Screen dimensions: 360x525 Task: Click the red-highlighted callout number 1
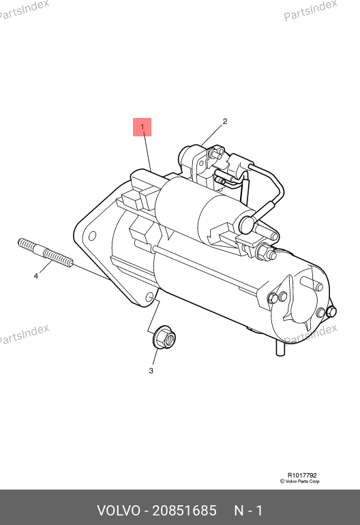click(x=142, y=127)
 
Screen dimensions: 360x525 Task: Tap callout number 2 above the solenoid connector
click(x=225, y=121)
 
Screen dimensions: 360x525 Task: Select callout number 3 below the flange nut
click(x=151, y=371)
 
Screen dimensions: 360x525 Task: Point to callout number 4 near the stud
click(x=36, y=276)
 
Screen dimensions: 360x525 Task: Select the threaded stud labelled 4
click(x=45, y=252)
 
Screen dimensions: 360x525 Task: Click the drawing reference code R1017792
click(x=302, y=475)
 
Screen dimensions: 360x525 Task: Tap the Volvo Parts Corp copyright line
click(x=300, y=481)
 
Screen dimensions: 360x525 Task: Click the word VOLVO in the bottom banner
click(x=119, y=511)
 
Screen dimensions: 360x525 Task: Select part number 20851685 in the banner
click(x=185, y=511)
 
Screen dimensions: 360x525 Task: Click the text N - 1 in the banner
click(x=248, y=511)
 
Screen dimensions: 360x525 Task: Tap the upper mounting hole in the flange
click(x=92, y=236)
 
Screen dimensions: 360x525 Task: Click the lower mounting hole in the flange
click(x=150, y=298)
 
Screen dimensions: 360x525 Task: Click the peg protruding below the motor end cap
click(x=280, y=348)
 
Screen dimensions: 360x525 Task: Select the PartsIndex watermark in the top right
click(x=310, y=10)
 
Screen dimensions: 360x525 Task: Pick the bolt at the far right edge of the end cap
click(x=331, y=312)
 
